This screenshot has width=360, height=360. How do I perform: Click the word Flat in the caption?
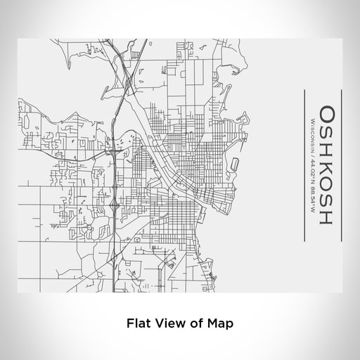click(138, 324)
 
